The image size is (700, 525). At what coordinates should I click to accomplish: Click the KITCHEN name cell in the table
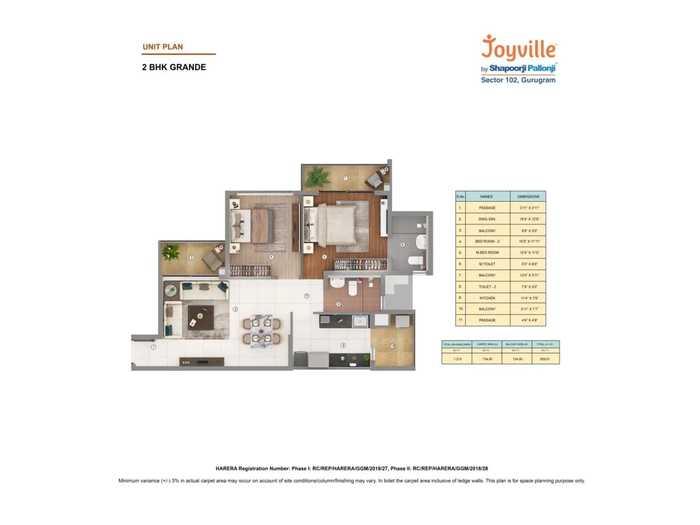(487, 298)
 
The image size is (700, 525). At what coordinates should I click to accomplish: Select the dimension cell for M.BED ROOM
(528, 252)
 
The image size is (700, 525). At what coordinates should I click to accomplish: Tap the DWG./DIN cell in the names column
(487, 219)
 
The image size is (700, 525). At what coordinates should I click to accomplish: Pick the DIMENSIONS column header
(528, 196)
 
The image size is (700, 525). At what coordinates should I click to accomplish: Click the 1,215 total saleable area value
(457, 359)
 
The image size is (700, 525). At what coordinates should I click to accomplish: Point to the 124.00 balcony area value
(517, 359)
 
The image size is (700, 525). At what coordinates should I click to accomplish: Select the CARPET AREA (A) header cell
(487, 344)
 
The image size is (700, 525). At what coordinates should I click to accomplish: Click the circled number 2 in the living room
(235, 309)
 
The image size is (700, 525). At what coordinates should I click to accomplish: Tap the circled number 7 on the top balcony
(345, 178)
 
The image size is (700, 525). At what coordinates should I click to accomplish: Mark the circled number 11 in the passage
(307, 296)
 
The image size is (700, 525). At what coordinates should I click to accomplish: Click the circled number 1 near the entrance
(154, 347)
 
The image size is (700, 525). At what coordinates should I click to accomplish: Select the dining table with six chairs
(262, 331)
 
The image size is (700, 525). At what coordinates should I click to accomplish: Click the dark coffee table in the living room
(201, 317)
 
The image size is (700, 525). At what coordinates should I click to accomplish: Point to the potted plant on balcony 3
(171, 252)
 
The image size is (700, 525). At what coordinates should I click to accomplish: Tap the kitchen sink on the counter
(360, 321)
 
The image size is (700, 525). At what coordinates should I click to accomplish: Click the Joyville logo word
(519, 48)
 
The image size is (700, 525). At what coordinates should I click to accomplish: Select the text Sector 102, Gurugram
(518, 80)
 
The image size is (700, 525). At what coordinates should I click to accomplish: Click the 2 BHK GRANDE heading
(174, 67)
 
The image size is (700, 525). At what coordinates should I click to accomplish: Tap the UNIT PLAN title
(163, 47)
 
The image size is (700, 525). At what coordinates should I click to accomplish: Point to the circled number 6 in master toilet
(402, 245)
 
